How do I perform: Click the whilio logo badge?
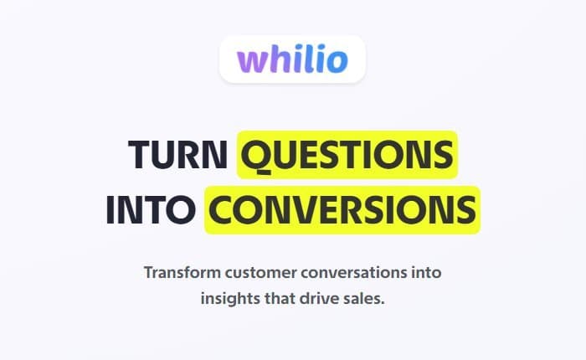pos(292,59)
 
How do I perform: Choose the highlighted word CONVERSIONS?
pos(342,209)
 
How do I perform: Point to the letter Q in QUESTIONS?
pos(257,156)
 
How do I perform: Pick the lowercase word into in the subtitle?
pos(424,273)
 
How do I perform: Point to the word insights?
pos(229,299)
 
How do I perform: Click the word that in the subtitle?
pos(280,299)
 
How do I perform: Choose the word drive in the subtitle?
pos(322,299)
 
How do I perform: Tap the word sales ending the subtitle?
pos(365,299)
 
